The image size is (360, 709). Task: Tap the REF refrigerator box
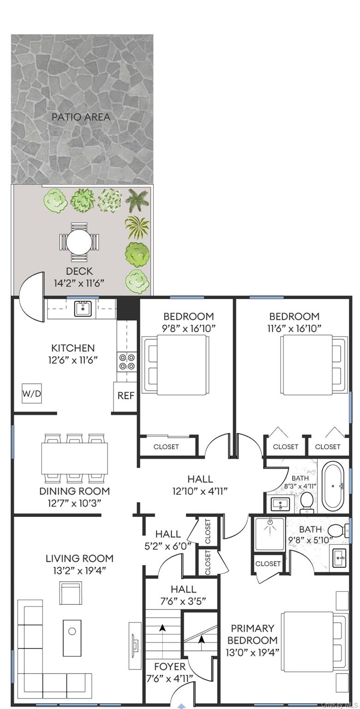(126, 396)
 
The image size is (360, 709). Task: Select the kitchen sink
(83, 309)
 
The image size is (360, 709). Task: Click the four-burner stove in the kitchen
(126, 361)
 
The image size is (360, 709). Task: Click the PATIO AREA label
(81, 117)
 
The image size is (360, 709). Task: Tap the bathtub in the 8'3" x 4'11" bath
(334, 486)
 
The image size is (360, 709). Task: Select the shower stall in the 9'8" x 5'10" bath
(270, 534)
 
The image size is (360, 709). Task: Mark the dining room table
(75, 458)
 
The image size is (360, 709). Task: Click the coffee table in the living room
(72, 638)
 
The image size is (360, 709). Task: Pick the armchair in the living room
(71, 593)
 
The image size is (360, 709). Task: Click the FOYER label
(170, 667)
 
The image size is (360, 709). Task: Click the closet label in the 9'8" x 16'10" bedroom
(166, 446)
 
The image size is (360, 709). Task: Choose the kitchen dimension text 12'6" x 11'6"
(73, 360)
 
